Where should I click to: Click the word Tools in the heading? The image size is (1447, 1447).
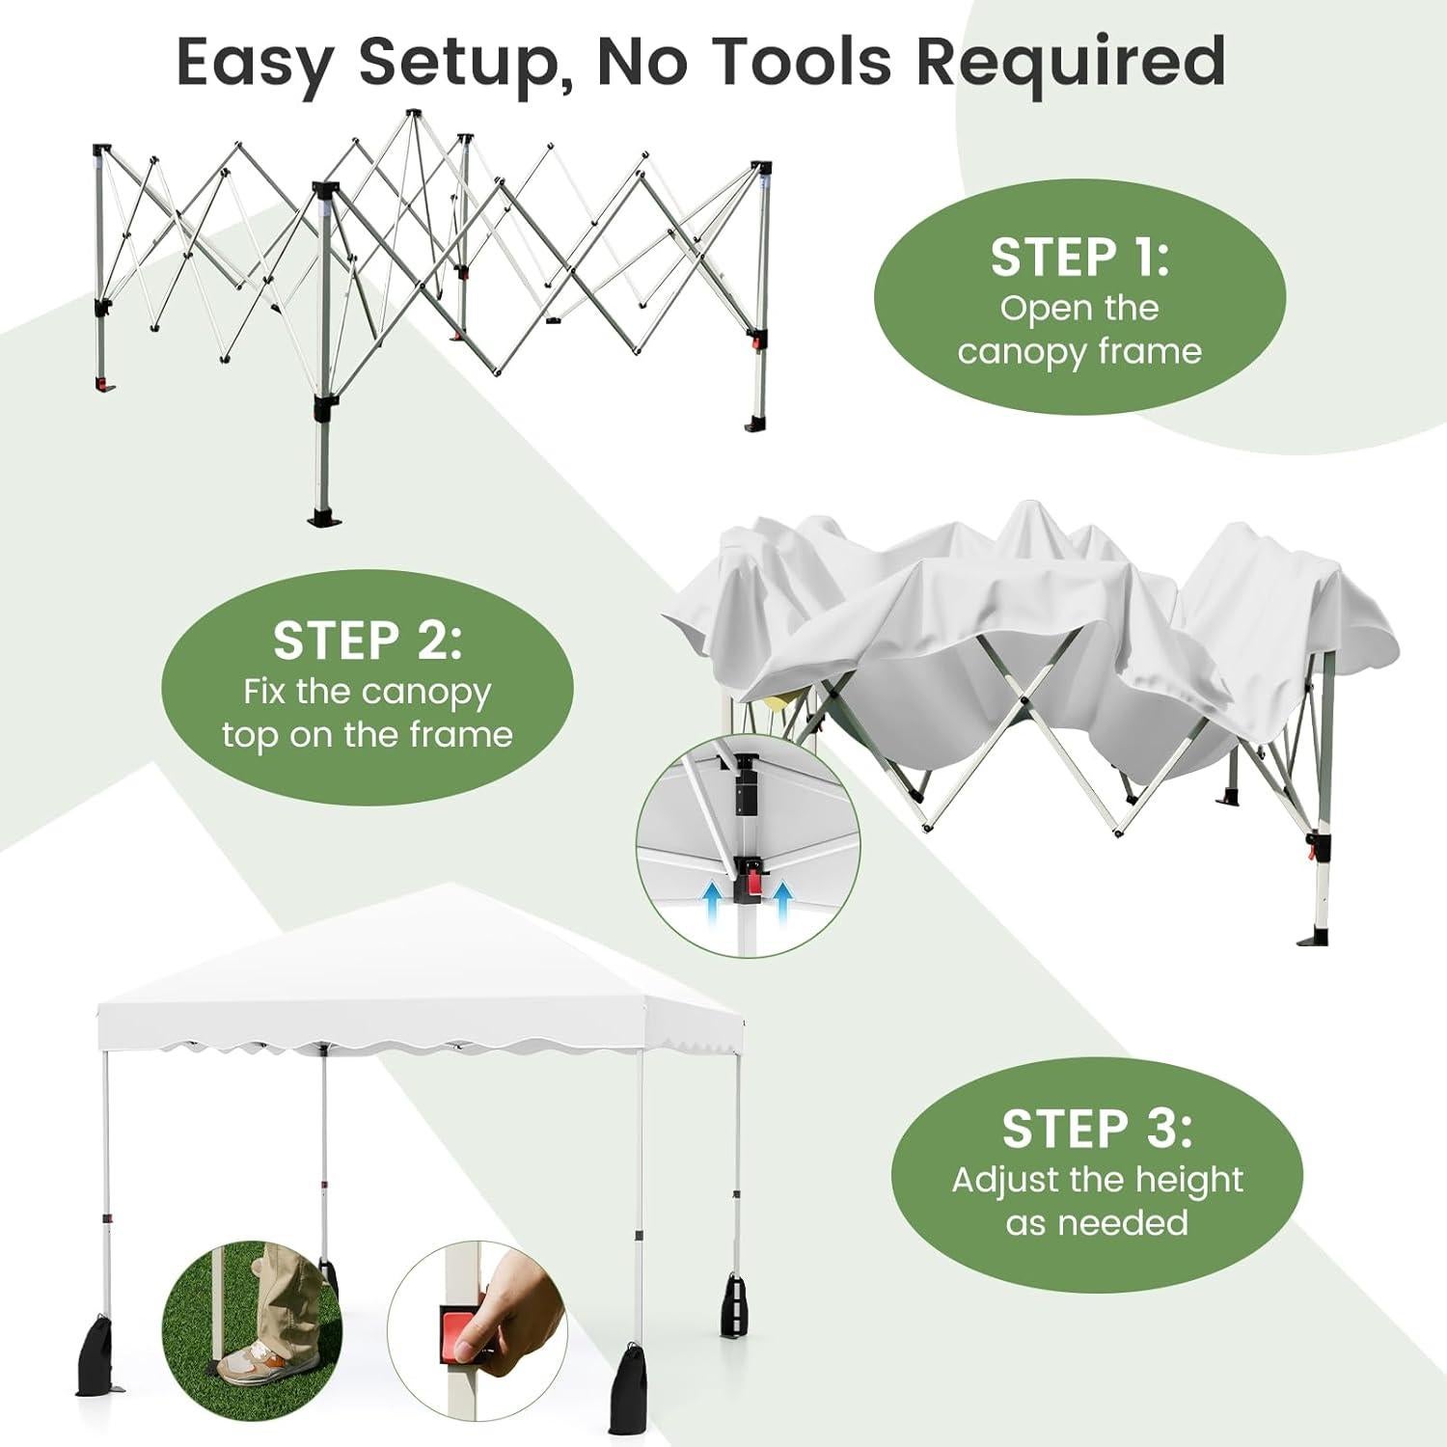[805, 62]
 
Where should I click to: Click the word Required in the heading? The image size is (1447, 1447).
[1071, 62]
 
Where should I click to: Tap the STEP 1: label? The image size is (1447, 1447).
[1079, 258]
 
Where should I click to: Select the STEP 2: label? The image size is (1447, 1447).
[368, 641]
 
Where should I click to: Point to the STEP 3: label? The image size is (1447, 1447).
[1097, 1129]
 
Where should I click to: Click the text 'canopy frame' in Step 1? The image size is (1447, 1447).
[1079, 351]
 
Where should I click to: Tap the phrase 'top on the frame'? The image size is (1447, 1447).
[368, 735]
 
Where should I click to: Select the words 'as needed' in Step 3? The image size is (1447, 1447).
[1097, 1222]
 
